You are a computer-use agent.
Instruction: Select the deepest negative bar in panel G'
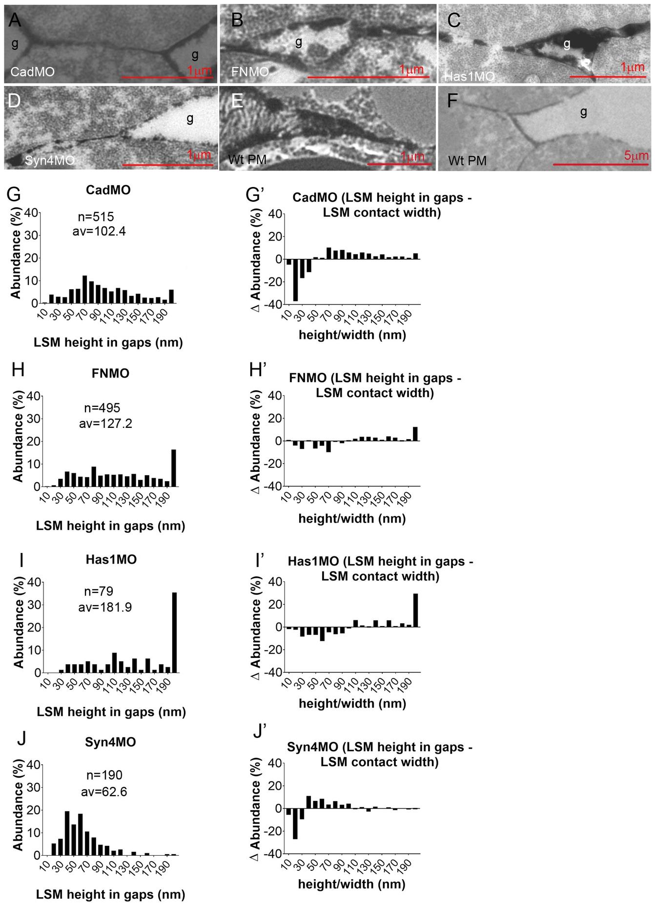[x=295, y=280]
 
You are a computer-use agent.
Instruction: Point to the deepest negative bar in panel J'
[x=295, y=823]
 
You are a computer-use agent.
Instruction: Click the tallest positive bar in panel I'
[x=416, y=610]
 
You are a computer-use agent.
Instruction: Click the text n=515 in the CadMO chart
[x=96, y=217]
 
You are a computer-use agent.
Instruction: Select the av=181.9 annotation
[x=105, y=607]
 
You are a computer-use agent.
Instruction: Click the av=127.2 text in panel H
[x=105, y=423]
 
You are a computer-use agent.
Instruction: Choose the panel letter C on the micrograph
[x=454, y=21]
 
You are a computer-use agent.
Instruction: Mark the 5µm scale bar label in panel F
[x=636, y=156]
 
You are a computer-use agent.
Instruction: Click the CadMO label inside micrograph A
[x=32, y=72]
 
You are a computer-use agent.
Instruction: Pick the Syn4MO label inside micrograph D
[x=49, y=160]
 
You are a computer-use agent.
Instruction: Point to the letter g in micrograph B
[x=299, y=42]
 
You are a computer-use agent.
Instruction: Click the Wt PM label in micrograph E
[x=247, y=160]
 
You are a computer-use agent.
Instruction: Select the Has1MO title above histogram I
[x=111, y=559]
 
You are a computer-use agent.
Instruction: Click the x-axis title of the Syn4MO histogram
[x=111, y=894]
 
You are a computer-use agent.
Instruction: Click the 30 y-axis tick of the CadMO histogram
[x=32, y=235]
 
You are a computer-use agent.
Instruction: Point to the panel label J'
[x=260, y=731]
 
